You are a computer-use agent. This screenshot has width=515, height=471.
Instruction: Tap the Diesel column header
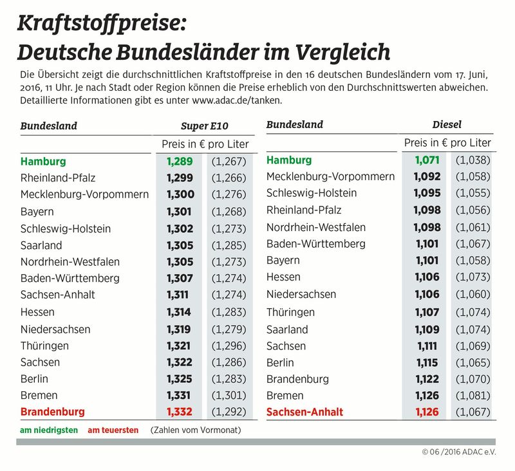(x=447, y=125)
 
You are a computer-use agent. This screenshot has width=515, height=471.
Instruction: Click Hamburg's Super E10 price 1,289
(x=180, y=162)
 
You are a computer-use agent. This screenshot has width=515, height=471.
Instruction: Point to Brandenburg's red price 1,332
(x=180, y=411)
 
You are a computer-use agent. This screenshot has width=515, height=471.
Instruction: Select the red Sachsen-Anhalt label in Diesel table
(x=304, y=412)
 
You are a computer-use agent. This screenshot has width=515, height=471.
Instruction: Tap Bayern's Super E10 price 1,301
(x=180, y=212)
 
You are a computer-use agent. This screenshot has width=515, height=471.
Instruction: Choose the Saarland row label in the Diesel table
(x=287, y=329)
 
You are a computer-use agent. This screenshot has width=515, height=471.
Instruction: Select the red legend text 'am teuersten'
(x=113, y=430)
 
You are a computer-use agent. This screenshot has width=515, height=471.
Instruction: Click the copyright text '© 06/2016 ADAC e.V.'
(x=459, y=452)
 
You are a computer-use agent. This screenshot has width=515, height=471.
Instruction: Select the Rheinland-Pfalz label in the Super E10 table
(x=58, y=178)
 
